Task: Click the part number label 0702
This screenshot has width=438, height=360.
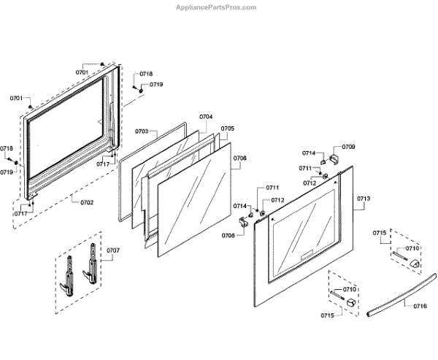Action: coord(86,202)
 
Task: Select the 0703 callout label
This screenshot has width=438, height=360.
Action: coord(142,131)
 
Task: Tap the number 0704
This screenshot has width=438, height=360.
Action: coord(206,117)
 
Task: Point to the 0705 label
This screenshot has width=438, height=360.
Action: coord(228,129)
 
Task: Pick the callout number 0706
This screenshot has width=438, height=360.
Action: coord(240,158)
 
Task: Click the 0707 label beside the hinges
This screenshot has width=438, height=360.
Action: coord(112,250)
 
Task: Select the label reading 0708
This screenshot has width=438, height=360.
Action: coord(228,234)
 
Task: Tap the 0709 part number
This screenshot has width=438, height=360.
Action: coord(349,147)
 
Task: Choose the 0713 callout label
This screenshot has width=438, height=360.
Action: coord(364,199)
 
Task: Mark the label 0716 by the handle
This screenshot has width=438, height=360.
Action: coord(420,306)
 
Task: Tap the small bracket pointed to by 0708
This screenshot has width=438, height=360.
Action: coord(250,215)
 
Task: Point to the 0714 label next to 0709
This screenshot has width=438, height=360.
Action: coord(310,153)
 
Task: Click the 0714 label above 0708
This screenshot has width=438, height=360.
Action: coord(240,206)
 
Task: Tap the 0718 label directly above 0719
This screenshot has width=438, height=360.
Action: coord(146,74)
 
